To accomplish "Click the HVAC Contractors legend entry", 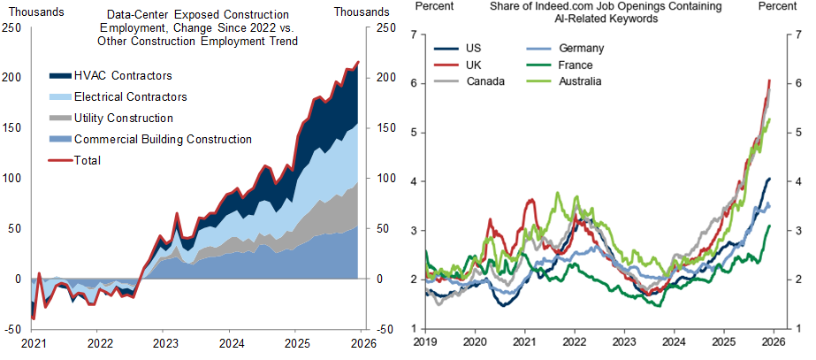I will point(123,76).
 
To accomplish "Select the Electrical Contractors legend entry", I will point(131,97).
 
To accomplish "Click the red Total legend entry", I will point(88,160).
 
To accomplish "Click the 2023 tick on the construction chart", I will point(164,342).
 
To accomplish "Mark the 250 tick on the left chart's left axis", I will point(13,27).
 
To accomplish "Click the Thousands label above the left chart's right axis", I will point(362,11).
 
